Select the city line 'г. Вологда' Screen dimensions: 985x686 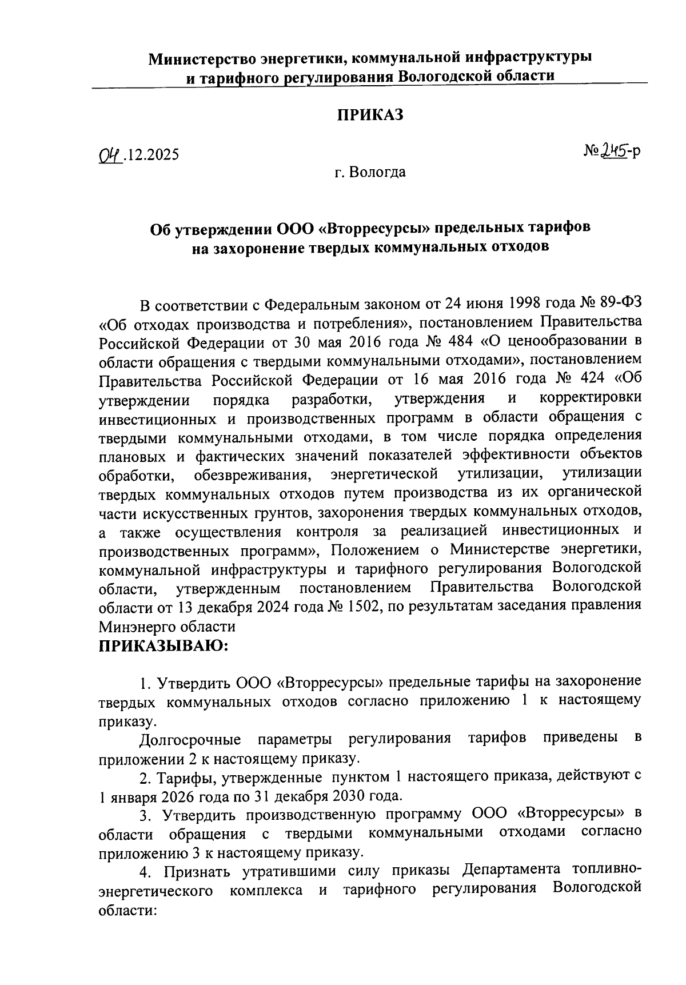coord(370,172)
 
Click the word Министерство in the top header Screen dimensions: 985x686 coord(202,58)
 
